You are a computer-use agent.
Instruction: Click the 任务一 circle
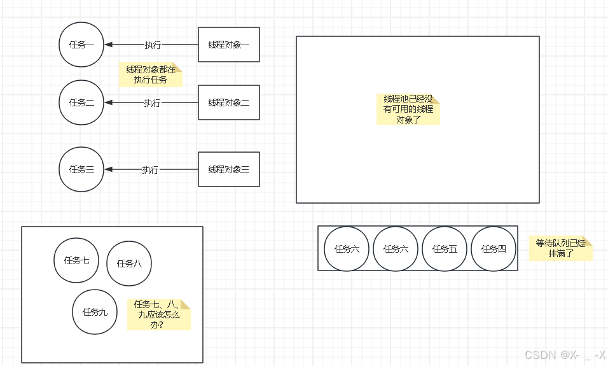tap(81, 45)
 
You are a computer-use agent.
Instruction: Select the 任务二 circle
tap(81, 102)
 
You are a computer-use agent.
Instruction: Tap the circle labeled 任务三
tap(81, 169)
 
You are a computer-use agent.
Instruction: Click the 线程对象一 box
tap(229, 45)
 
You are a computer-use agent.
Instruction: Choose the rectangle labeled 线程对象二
tap(229, 102)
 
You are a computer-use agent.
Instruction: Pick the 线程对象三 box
tap(229, 169)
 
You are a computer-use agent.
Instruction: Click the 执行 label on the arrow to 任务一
tap(153, 45)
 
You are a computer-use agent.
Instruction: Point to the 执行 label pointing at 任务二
tap(152, 103)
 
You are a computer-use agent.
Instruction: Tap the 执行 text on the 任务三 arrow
tap(150, 170)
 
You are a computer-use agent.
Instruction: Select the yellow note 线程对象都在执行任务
tap(151, 75)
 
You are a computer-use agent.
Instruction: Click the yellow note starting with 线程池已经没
tap(408, 109)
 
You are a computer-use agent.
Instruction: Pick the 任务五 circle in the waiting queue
tap(445, 249)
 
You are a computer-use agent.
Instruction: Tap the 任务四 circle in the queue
tap(494, 249)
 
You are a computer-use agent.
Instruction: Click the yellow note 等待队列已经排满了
tap(560, 248)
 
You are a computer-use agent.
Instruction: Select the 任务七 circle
tap(76, 260)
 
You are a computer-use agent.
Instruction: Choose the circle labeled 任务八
tap(129, 264)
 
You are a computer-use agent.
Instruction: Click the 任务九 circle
tap(95, 312)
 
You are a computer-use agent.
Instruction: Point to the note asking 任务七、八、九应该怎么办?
tap(158, 314)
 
